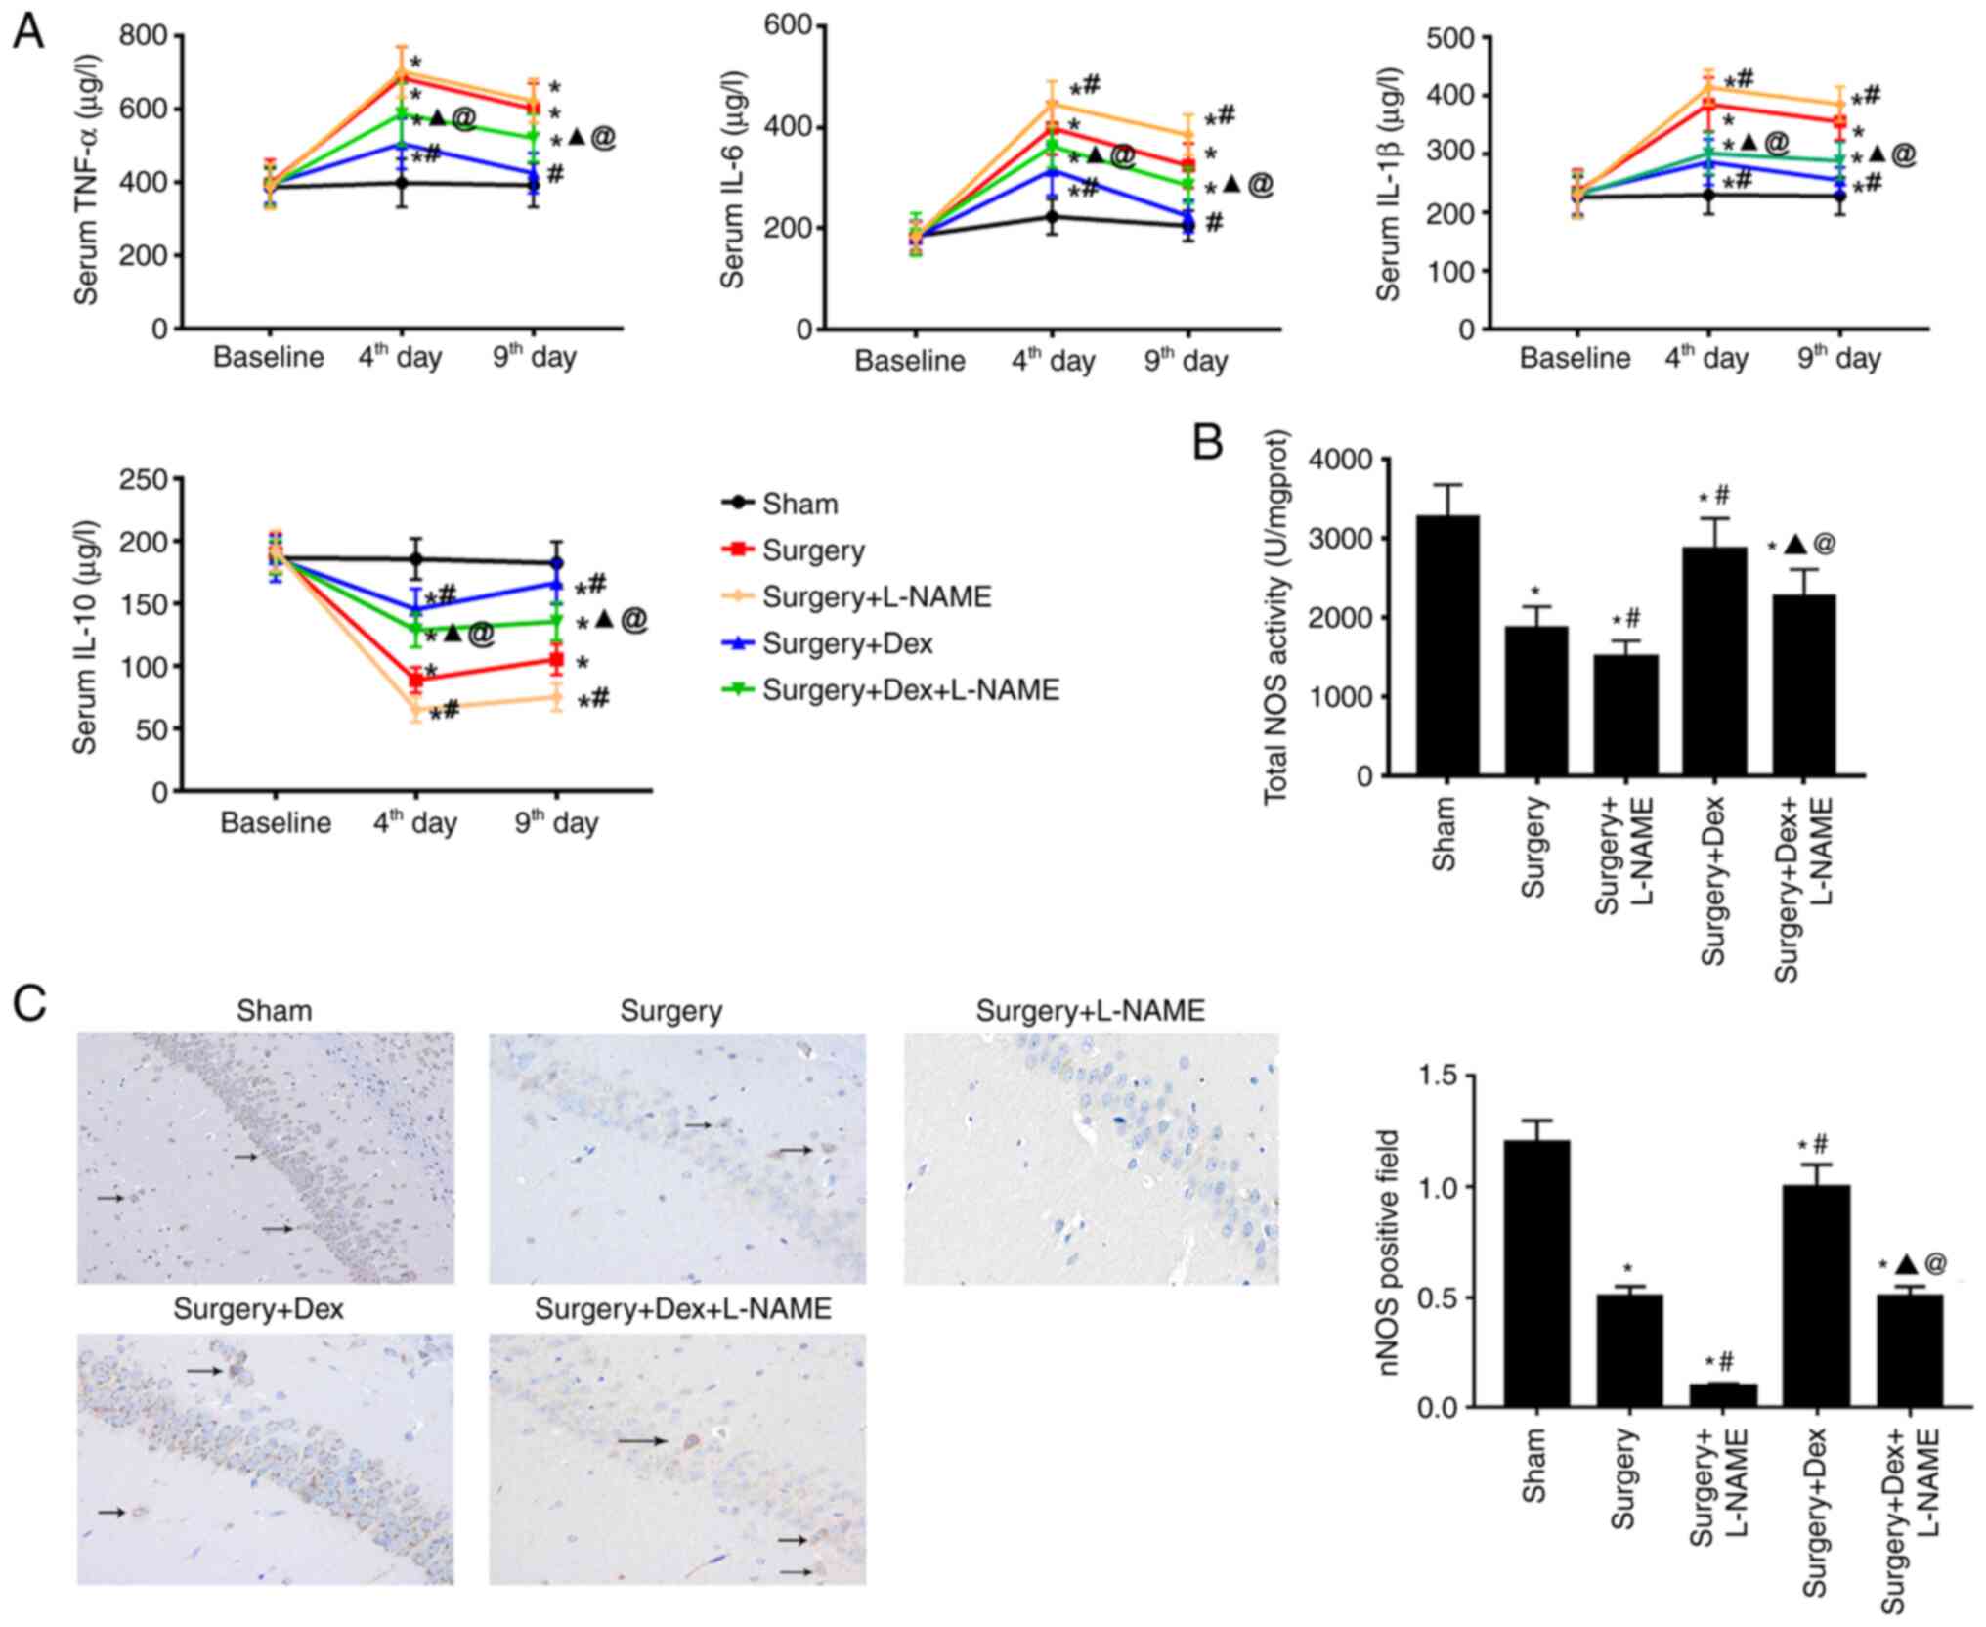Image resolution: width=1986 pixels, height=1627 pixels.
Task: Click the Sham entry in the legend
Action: [799, 504]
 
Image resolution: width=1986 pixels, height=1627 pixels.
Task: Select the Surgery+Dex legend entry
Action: [846, 644]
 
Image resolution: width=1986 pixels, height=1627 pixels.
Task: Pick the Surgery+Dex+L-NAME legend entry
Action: [910, 690]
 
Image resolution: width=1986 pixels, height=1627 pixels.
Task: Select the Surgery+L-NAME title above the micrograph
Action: [1090, 1011]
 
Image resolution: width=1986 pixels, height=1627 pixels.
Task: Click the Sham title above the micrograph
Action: [274, 1011]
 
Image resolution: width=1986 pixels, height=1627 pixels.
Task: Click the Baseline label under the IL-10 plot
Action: [276, 822]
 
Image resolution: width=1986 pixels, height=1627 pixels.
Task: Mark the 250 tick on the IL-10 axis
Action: [143, 479]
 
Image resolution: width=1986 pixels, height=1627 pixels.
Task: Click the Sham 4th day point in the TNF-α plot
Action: [401, 183]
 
